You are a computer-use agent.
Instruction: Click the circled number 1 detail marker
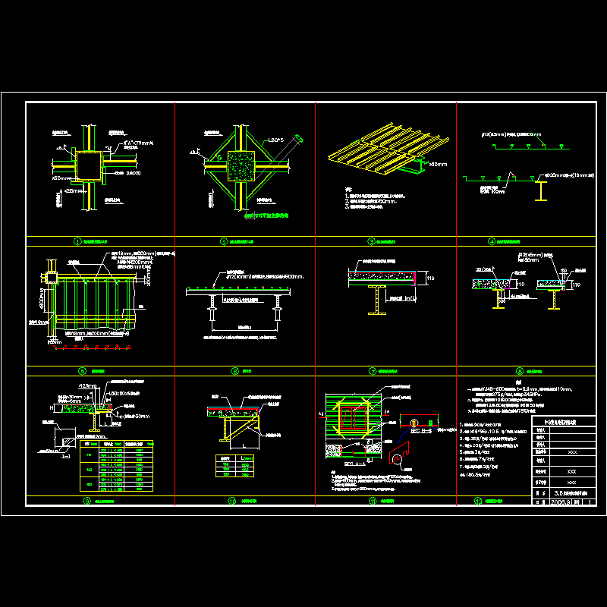[77, 241]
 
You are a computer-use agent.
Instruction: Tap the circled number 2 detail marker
[224, 241]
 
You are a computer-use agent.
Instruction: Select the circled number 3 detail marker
[372, 241]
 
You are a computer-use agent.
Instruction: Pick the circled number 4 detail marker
[492, 241]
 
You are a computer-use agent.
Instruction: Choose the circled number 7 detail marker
[372, 371]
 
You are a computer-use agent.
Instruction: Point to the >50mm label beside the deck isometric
[437, 163]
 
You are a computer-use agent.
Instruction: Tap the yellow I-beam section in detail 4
[540, 193]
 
